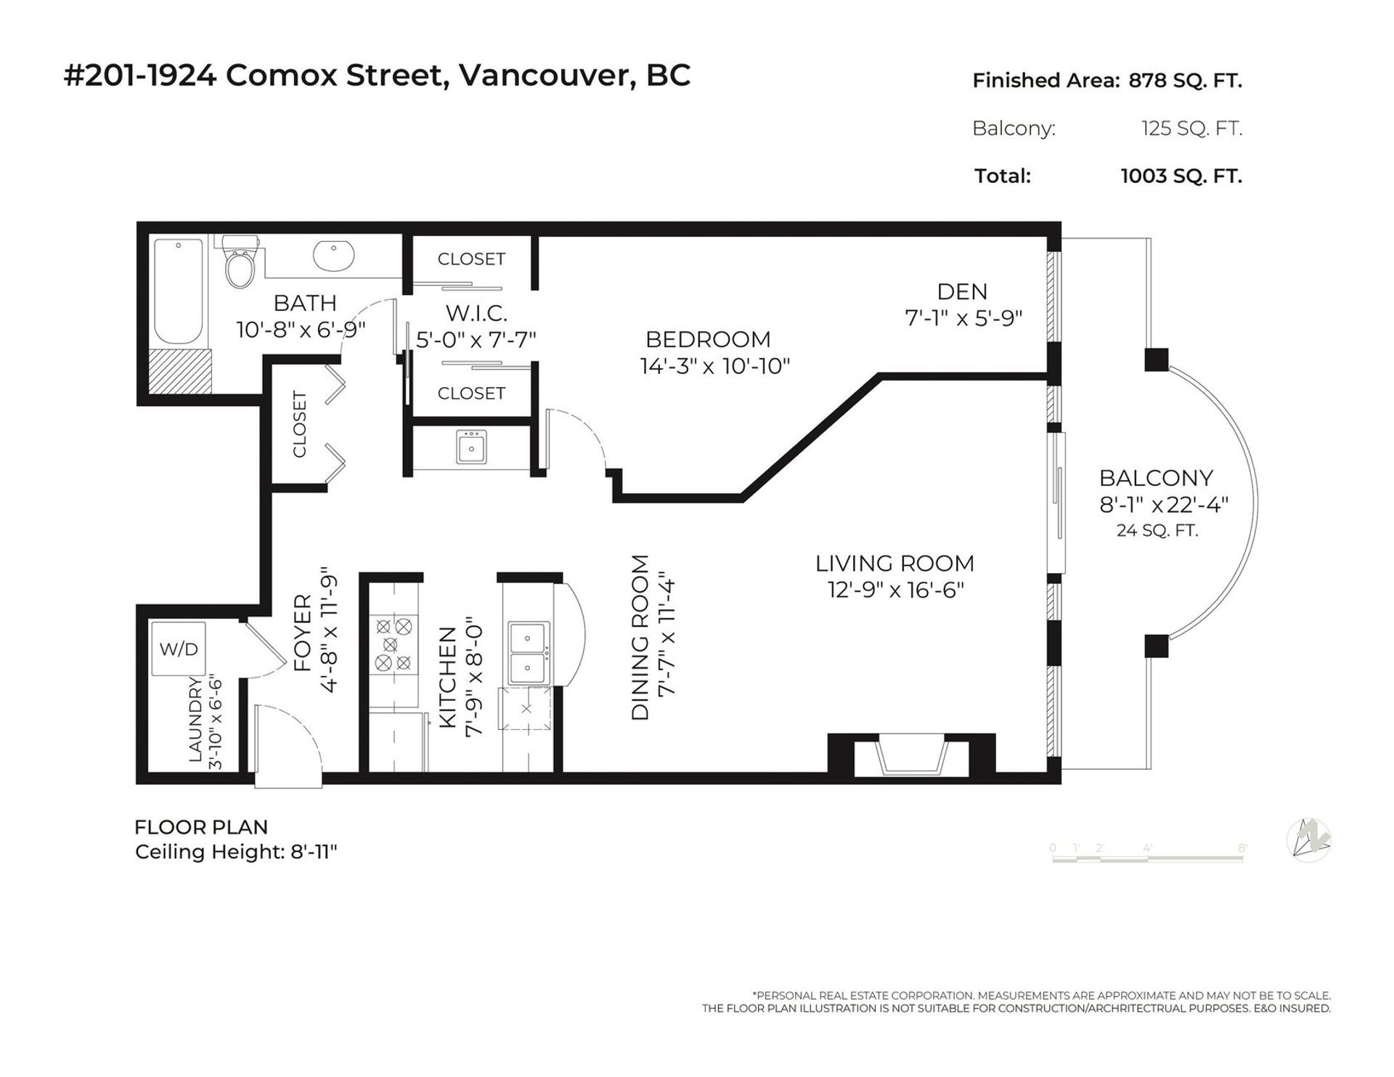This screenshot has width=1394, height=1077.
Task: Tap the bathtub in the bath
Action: (x=178, y=292)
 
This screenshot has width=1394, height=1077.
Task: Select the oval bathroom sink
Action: (x=333, y=255)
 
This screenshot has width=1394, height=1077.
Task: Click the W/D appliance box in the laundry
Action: (x=179, y=649)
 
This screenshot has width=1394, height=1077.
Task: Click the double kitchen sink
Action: (x=528, y=653)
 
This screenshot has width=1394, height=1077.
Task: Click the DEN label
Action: (x=962, y=292)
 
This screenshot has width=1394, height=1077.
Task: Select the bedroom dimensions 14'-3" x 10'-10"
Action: (x=714, y=366)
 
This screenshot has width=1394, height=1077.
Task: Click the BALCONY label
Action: (x=1156, y=478)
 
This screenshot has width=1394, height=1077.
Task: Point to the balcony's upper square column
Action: (x=1156, y=359)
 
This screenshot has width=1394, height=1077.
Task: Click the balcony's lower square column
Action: (x=1156, y=646)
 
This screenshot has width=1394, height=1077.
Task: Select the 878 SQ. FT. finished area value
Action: (x=1185, y=81)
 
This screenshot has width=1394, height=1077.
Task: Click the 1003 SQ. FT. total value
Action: (x=1181, y=176)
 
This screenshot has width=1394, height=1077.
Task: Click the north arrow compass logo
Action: (x=1309, y=841)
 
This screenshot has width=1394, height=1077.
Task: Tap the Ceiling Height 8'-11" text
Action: (x=236, y=851)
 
